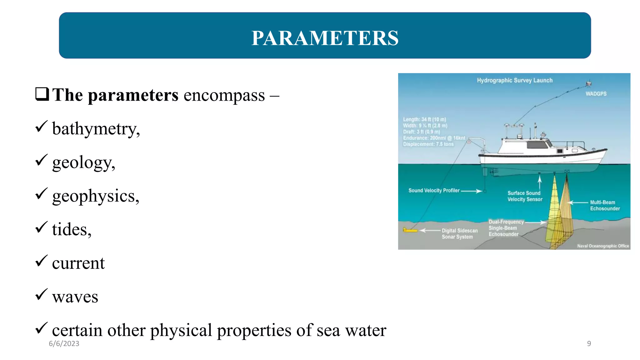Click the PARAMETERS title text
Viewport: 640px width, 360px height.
pyautogui.click(x=325, y=38)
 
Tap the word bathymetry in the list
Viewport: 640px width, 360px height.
pyautogui.click(x=96, y=128)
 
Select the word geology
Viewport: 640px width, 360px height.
pyautogui.click(x=83, y=162)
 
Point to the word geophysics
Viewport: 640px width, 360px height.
pyautogui.click(x=95, y=196)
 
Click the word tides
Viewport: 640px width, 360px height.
pyautogui.click(x=72, y=229)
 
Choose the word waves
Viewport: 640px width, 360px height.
pyautogui.click(x=75, y=297)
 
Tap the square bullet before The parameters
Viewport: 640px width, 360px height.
pyautogui.click(x=42, y=94)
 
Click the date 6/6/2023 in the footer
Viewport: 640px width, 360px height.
pyautogui.click(x=64, y=343)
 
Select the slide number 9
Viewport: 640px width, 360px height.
pyautogui.click(x=589, y=343)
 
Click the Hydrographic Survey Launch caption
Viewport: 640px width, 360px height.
pyautogui.click(x=514, y=80)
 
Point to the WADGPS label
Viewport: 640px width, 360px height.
pyautogui.click(x=596, y=94)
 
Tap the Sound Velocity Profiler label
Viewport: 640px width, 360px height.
pyautogui.click(x=434, y=190)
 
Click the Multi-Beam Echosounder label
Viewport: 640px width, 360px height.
pyautogui.click(x=604, y=205)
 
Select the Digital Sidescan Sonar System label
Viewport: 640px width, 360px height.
pyautogui.click(x=459, y=233)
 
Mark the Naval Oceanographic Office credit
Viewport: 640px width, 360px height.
pyautogui.click(x=602, y=246)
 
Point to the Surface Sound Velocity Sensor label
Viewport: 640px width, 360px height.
pyautogui.click(x=525, y=196)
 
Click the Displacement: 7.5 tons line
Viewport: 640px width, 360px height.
pyautogui.click(x=428, y=144)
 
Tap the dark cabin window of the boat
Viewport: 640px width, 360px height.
pyautogui.click(x=537, y=144)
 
